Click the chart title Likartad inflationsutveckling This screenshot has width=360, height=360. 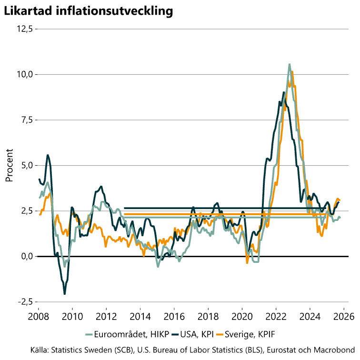coord(88,11)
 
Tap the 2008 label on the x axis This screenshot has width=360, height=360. coord(38,316)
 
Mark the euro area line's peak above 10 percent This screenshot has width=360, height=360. coord(289,64)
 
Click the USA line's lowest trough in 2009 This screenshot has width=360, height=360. coord(65,294)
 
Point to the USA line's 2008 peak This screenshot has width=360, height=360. coord(48,155)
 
